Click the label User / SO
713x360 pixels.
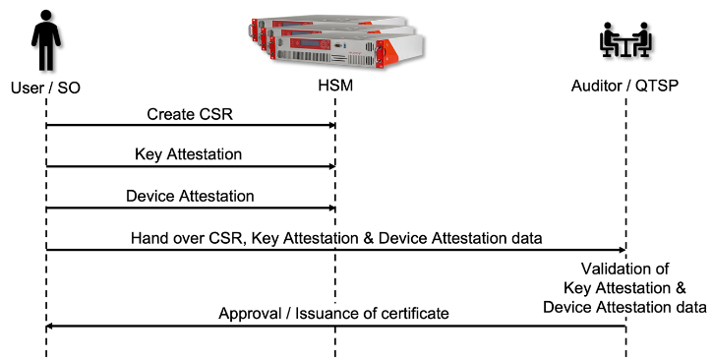point(45,88)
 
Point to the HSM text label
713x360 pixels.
point(334,88)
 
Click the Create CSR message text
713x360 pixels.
point(190,113)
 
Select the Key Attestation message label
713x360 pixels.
point(189,154)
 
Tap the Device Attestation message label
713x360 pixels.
point(190,196)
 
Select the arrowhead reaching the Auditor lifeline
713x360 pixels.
point(622,249)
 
